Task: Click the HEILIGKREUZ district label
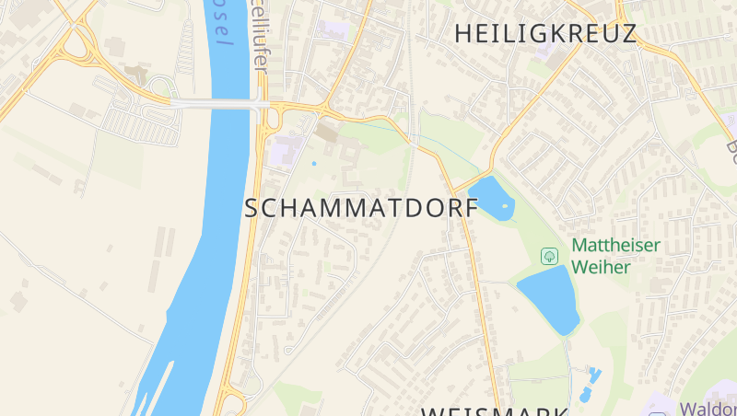[545, 34]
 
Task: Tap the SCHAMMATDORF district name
[362, 208]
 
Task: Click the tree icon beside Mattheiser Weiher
[550, 255]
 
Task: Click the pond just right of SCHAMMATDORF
[490, 197]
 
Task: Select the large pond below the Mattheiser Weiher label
[550, 297]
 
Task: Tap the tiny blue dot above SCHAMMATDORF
[314, 164]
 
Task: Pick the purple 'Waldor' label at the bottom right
[708, 408]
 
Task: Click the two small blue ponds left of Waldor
[590, 381]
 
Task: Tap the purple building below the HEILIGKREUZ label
[557, 56]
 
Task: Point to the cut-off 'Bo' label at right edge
[731, 145]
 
